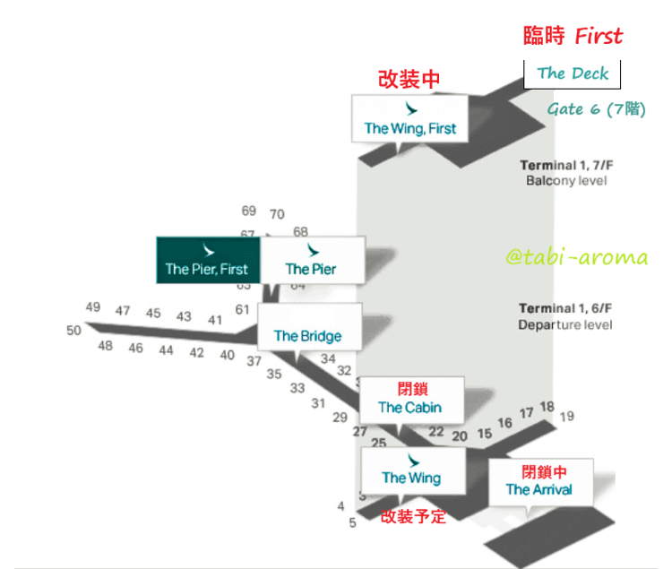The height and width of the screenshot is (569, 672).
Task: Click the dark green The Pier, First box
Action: tap(208, 260)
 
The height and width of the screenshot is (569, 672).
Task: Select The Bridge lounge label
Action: tap(307, 336)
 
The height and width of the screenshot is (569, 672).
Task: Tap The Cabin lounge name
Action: tap(409, 408)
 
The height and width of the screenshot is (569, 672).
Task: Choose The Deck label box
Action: tap(573, 73)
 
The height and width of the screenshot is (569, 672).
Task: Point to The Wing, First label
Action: tap(409, 128)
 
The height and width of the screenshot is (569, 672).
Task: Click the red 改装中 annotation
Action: tap(409, 80)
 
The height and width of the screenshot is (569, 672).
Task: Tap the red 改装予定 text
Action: tap(413, 516)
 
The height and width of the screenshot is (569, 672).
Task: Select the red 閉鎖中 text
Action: tap(544, 472)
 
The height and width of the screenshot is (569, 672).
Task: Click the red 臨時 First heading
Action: tap(573, 36)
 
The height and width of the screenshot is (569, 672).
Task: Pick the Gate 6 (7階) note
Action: tap(596, 109)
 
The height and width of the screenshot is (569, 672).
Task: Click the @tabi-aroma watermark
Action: tap(576, 258)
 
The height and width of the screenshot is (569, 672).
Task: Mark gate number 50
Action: tap(73, 330)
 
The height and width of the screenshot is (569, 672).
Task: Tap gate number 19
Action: tap(566, 417)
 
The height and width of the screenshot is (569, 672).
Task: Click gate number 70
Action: tap(277, 214)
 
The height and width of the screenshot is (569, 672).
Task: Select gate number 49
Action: tap(93, 307)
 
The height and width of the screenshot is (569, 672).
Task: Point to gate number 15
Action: tap(485, 434)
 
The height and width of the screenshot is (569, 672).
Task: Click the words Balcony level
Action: tap(566, 181)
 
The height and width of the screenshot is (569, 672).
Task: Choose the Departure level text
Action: tap(565, 325)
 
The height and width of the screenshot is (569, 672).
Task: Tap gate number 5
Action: tap(353, 522)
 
